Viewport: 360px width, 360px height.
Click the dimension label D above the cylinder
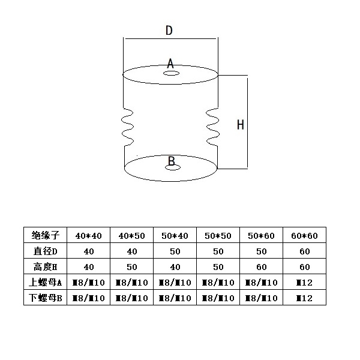(169, 31)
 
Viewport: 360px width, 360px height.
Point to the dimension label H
(240, 125)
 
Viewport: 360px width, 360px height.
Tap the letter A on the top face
(170, 63)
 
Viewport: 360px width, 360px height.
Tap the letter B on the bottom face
(171, 161)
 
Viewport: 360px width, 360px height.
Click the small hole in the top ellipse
(172, 74)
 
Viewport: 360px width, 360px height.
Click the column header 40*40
(89, 235)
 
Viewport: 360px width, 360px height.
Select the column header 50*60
(261, 235)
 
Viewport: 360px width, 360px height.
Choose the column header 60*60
(304, 235)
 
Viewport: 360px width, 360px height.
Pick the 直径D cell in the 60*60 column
(304, 251)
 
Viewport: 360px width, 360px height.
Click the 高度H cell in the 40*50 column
(133, 266)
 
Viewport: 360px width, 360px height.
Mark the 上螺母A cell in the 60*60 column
(304, 282)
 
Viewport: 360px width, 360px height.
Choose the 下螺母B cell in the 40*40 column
(89, 298)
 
